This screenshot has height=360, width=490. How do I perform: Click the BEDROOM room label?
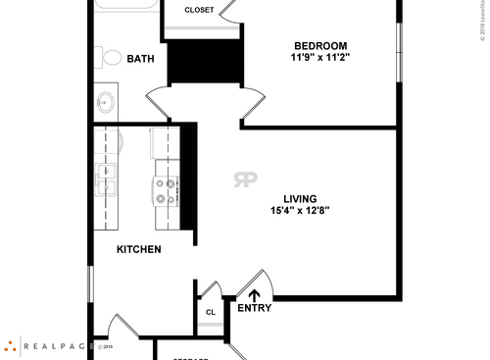tap(320, 46)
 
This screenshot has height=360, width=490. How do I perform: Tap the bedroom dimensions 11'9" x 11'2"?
tap(320, 59)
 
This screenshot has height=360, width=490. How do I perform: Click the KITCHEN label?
tap(139, 250)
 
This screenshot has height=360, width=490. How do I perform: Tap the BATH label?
tap(141, 60)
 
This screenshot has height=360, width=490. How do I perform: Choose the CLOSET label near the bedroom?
tap(199, 10)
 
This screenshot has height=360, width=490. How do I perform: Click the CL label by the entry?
tap(210, 313)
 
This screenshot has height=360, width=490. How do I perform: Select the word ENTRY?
tap(255, 308)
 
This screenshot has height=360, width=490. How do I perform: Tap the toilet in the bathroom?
tap(107, 59)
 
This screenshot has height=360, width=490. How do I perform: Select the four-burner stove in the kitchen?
tap(166, 192)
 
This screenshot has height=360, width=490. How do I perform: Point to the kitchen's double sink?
tap(106, 180)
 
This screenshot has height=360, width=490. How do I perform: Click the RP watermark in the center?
tap(245, 180)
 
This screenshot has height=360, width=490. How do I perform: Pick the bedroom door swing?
tap(251, 102)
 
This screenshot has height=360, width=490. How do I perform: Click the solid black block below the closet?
tap(205, 62)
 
